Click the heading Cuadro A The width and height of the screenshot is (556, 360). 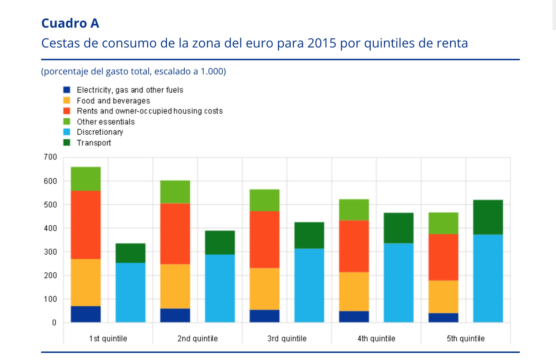[x=70, y=23]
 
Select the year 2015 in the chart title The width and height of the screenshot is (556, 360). [x=322, y=43]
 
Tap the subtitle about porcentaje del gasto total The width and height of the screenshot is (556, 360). [x=133, y=72]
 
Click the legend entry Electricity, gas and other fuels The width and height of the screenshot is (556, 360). [x=130, y=90]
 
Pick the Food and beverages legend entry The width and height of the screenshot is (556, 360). [x=113, y=101]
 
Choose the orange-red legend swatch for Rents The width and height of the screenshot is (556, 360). [x=67, y=111]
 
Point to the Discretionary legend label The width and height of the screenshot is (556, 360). [x=100, y=132]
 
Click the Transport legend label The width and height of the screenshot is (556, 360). [x=94, y=143]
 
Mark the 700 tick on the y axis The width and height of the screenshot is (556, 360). [x=50, y=157]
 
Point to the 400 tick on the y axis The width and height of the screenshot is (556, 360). [x=50, y=228]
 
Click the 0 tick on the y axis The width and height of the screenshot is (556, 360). [x=54, y=322]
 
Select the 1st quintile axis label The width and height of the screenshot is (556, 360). [x=108, y=339]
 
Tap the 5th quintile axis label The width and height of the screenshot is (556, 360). [x=466, y=339]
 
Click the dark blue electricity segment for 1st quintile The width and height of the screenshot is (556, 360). [x=86, y=314]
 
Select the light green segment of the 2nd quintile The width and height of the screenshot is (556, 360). [x=175, y=192]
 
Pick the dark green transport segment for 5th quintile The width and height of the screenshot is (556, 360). [x=488, y=217]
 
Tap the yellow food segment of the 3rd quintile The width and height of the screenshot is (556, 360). [x=265, y=289]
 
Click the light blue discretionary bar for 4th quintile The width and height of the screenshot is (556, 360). [x=399, y=283]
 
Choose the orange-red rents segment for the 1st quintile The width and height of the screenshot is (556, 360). [x=86, y=225]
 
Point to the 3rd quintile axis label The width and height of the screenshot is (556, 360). [x=287, y=339]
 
